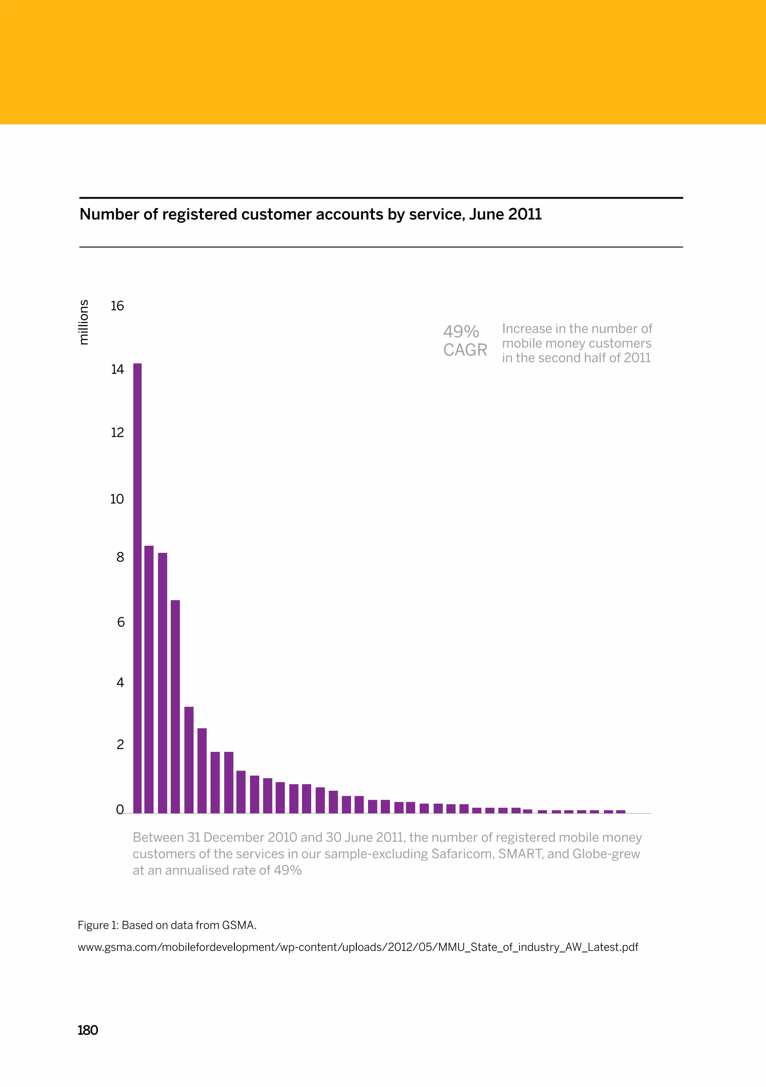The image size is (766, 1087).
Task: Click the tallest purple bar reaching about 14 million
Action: (137, 587)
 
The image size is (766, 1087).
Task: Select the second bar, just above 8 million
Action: (148, 679)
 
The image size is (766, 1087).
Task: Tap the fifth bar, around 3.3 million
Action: (189, 760)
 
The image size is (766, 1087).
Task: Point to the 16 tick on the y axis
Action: (117, 306)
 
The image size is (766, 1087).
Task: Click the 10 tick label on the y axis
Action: (117, 499)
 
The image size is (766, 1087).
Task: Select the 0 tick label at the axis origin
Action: (120, 809)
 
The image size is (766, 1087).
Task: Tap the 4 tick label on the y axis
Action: (120, 682)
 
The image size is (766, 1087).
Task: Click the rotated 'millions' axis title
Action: (83, 322)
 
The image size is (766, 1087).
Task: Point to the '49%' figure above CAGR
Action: (461, 331)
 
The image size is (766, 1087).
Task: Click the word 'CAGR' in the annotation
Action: (465, 350)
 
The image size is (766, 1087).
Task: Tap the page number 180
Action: (88, 1030)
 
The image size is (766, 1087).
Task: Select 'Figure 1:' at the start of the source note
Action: (98, 925)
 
